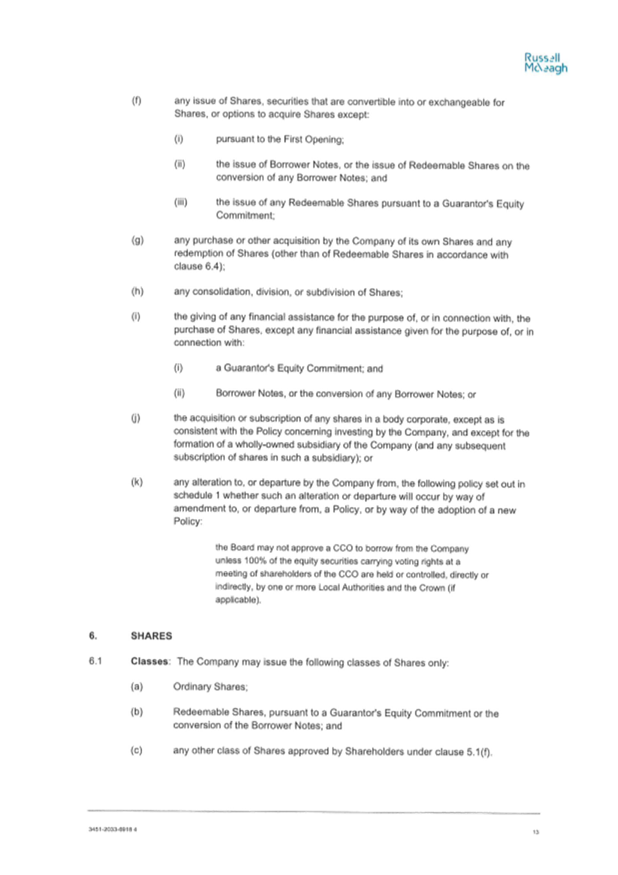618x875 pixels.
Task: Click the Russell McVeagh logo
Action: [x=545, y=63]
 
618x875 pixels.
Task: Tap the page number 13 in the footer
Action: [x=536, y=832]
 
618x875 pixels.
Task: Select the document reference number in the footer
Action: [x=113, y=829]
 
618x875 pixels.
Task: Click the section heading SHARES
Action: [x=151, y=636]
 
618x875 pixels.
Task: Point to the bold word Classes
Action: [x=149, y=661]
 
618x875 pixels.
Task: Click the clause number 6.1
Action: [x=96, y=661]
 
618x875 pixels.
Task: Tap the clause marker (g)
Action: [x=137, y=241]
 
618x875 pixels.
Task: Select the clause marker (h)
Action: [x=137, y=292]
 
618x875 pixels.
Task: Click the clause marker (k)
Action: [x=137, y=483]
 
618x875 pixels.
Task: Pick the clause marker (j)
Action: [x=136, y=419]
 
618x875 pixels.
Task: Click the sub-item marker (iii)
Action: [x=180, y=202]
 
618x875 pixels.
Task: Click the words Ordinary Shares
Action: [x=210, y=687]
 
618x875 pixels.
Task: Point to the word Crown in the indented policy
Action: [x=432, y=588]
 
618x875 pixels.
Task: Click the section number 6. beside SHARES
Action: [x=93, y=636]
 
